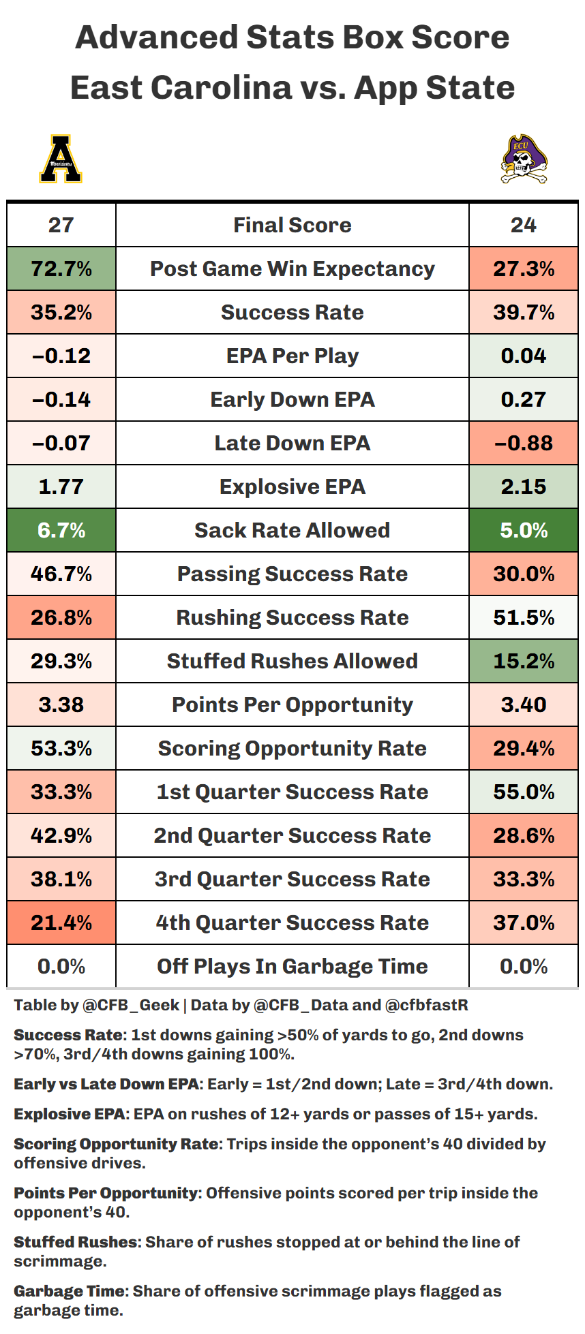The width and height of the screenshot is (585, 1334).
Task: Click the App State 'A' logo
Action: click(x=61, y=159)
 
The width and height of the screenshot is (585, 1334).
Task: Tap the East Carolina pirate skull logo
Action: click(x=524, y=159)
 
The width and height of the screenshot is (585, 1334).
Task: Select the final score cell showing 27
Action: click(x=61, y=225)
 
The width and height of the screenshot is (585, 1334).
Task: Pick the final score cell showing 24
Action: click(x=524, y=225)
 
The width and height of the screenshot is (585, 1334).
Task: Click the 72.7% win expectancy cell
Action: click(x=61, y=268)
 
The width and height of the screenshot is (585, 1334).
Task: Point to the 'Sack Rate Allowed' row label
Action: click(x=292, y=530)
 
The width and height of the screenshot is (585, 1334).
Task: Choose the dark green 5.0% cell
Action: click(x=524, y=530)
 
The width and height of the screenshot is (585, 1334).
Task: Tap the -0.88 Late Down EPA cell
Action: click(x=524, y=443)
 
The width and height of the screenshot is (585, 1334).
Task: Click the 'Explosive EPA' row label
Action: click(x=292, y=486)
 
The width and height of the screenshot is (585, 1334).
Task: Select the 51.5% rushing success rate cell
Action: click(x=524, y=617)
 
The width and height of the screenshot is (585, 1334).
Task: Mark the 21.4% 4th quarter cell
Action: click(x=61, y=922)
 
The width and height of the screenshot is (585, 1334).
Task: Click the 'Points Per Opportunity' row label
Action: click(x=292, y=704)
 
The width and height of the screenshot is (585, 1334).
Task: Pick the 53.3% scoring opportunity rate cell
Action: click(x=61, y=748)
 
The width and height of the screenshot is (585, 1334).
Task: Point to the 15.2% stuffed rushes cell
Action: click(x=524, y=661)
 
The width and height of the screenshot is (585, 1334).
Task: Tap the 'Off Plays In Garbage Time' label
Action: click(x=292, y=966)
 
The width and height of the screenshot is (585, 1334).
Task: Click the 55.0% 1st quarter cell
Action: click(x=524, y=792)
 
